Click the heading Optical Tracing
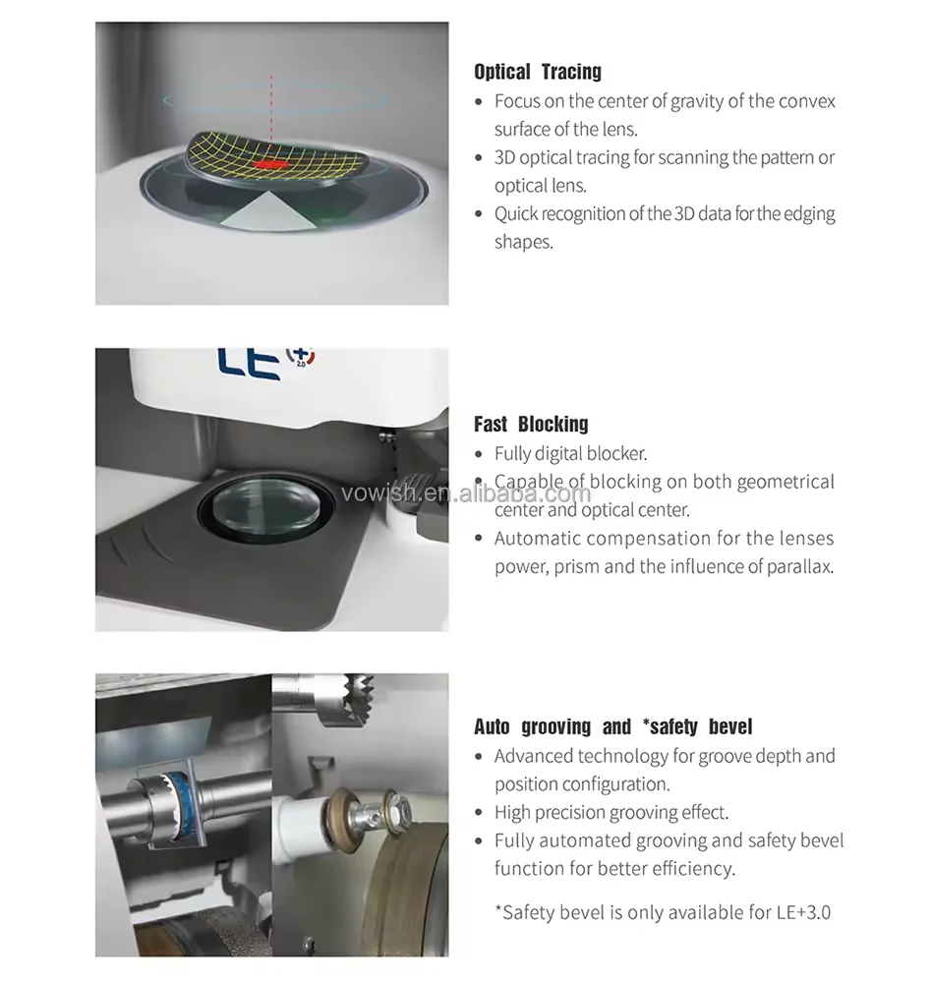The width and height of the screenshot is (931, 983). [538, 72]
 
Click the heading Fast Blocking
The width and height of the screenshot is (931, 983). [531, 424]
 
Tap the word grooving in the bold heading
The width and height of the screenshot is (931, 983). [556, 726]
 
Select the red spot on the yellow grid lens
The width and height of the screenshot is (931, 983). [271, 164]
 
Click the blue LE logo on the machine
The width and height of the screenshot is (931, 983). [249, 364]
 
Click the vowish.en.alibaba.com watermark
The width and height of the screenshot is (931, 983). [466, 493]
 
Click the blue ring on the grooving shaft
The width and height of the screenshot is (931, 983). [184, 802]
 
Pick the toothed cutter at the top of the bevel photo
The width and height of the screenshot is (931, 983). [348, 700]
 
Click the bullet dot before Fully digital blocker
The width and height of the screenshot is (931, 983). [479, 454]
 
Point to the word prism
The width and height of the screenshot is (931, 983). [577, 567]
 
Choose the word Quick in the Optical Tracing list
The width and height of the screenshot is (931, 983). [516, 213]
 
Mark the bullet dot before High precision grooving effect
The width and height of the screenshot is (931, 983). [479, 813]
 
